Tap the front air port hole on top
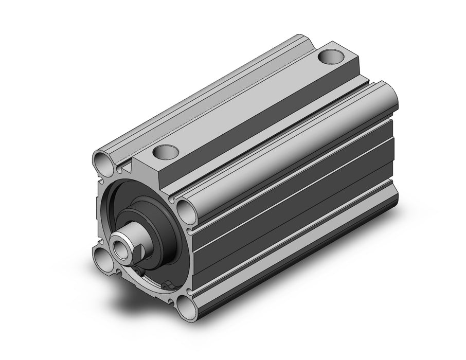166,152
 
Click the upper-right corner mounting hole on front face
186,209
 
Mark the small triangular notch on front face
125,168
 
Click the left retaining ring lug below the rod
140,271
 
